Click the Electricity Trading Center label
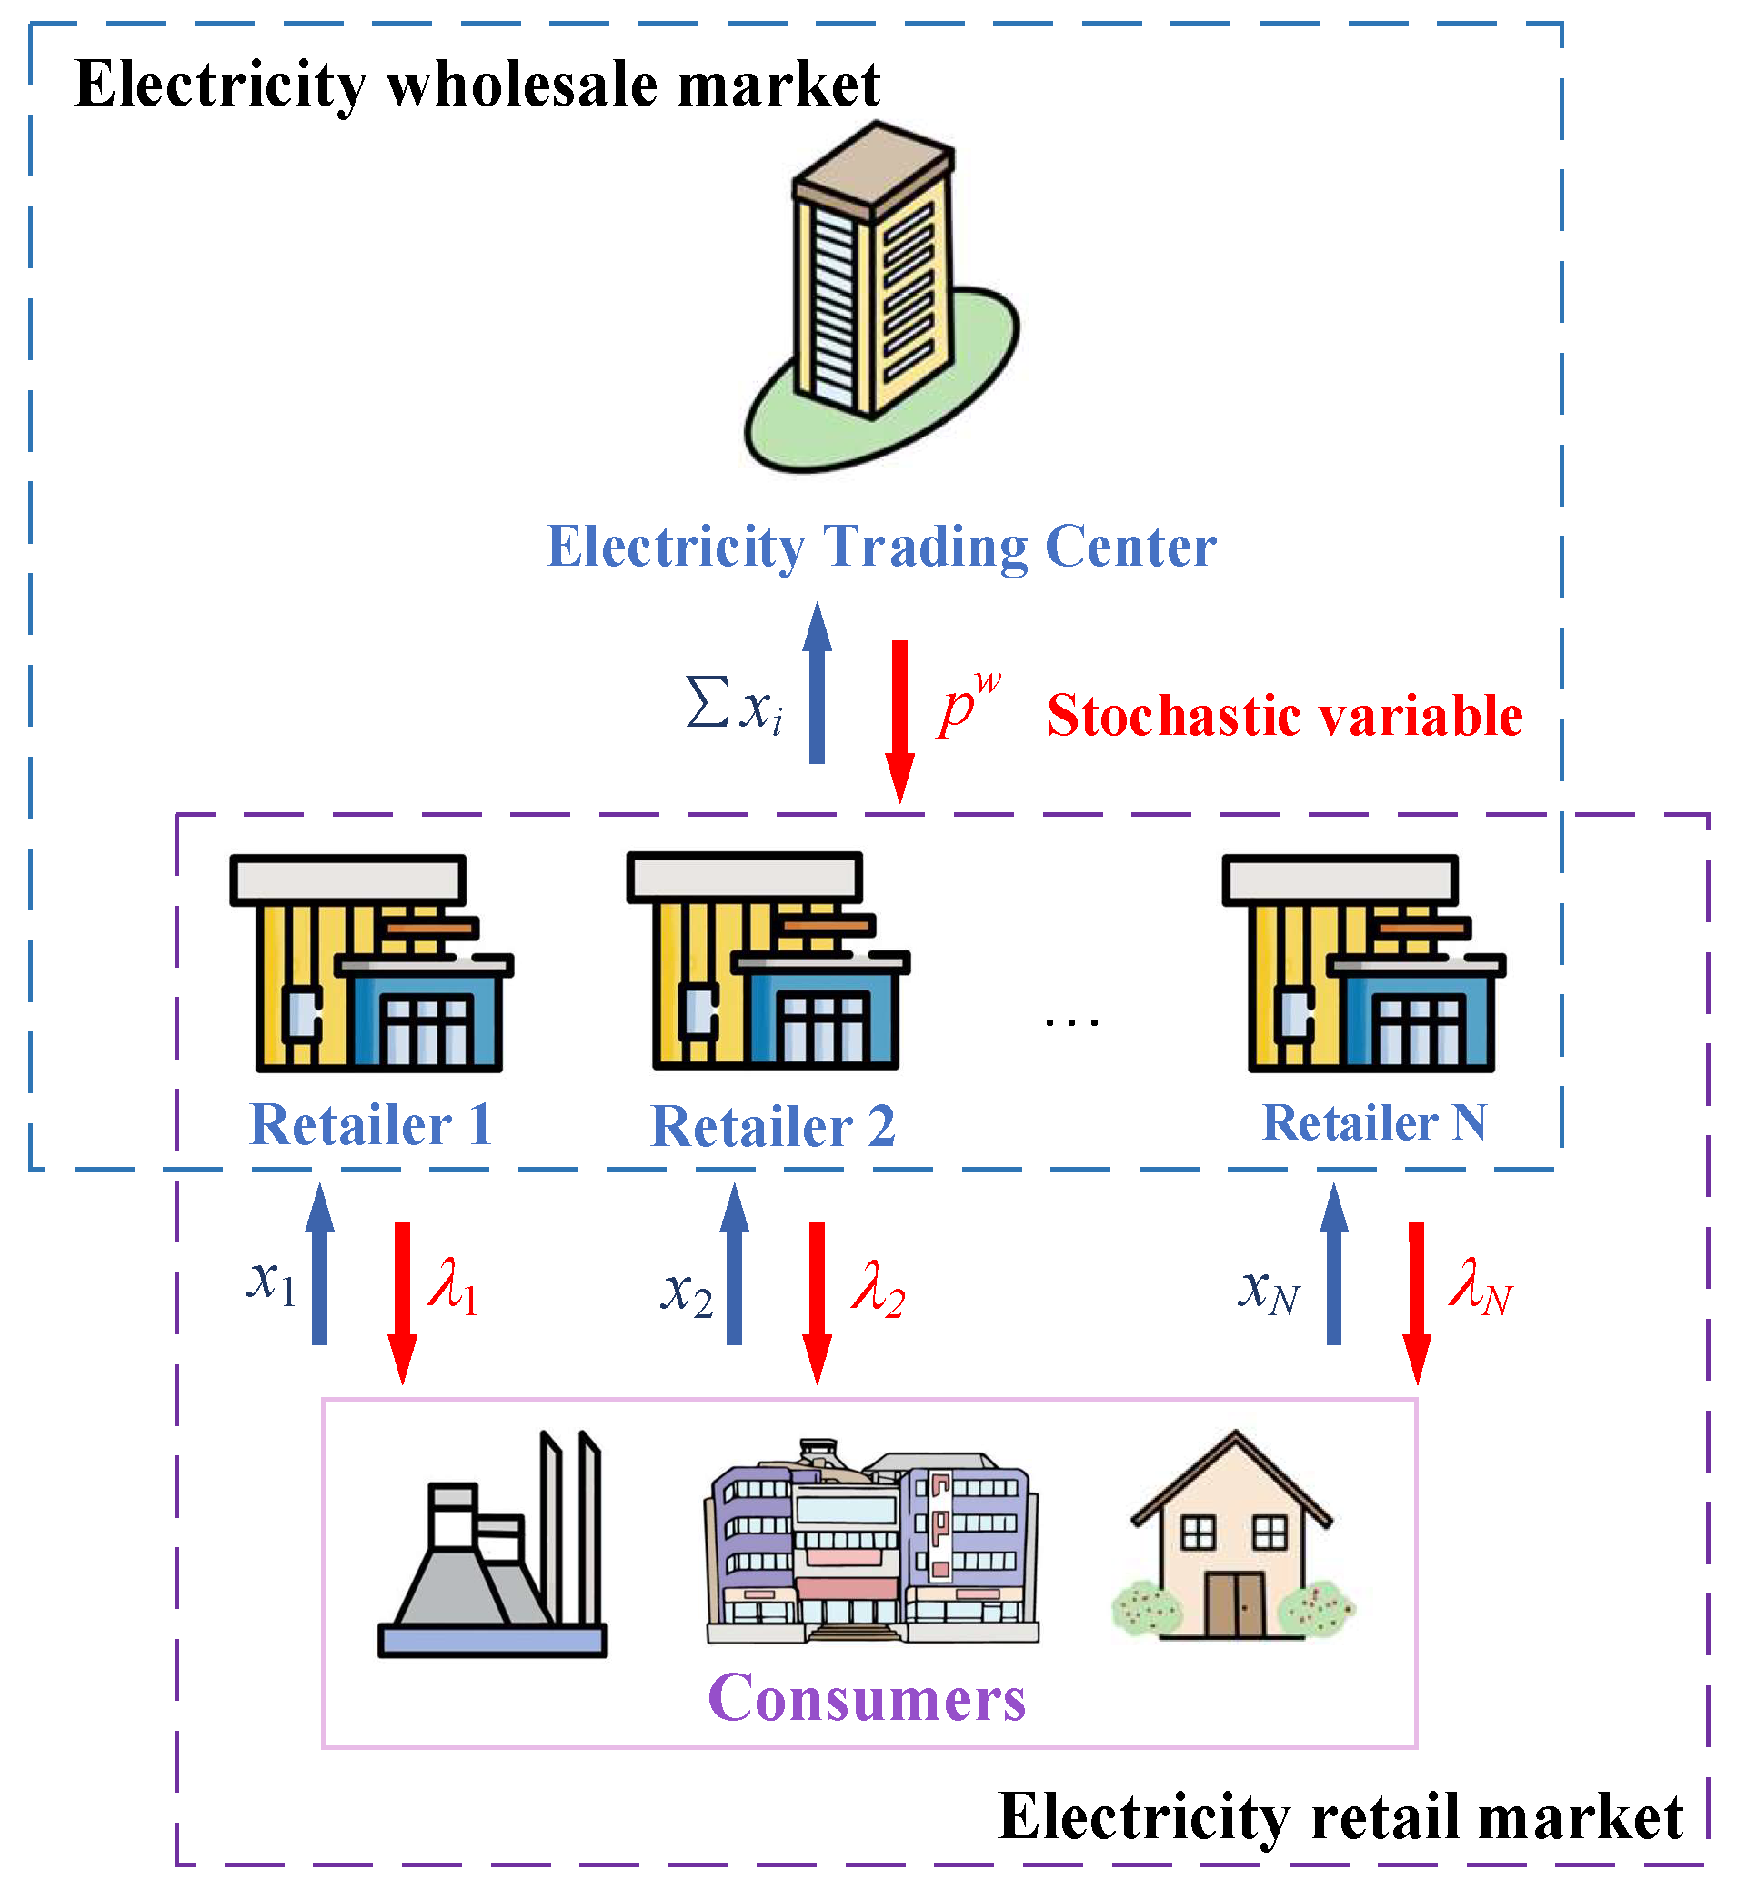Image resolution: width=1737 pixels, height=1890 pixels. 880,546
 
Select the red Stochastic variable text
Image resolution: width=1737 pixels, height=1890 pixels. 1284,716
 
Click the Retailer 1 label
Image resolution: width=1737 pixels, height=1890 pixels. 371,1125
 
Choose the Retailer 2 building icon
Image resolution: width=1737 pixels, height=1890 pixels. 768,962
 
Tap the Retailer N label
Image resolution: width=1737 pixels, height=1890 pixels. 1373,1123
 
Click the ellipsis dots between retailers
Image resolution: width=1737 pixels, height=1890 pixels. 1071,1021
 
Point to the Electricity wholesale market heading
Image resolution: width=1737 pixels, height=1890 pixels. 477,85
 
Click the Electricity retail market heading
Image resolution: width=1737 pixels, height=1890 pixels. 1340,1816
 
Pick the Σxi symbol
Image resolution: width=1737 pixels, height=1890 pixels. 733,706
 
